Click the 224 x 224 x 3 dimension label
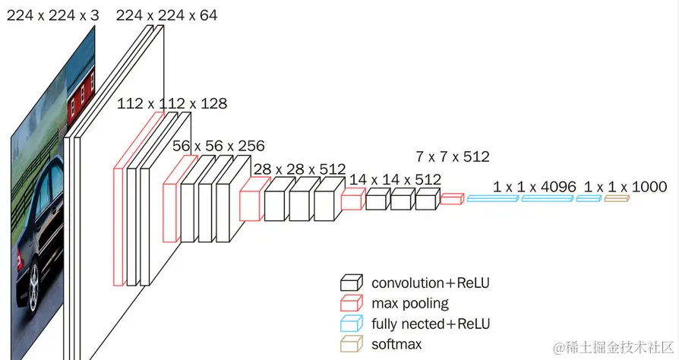(x=53, y=16)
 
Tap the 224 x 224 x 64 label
(x=167, y=16)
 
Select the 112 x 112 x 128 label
(x=172, y=103)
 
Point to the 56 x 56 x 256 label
(x=219, y=146)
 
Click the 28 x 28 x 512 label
(x=300, y=169)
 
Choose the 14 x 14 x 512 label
(x=395, y=179)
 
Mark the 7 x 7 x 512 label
(x=453, y=156)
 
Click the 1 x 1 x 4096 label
(x=535, y=187)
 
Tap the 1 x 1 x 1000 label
(x=625, y=187)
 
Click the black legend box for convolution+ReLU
(x=351, y=283)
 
